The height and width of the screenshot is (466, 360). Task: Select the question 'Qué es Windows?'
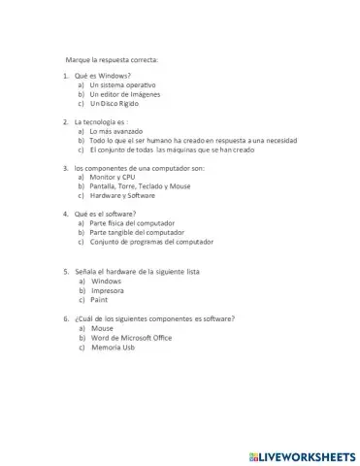pyautogui.click(x=102, y=76)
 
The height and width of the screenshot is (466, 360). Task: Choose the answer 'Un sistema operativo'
pyautogui.click(x=121, y=84)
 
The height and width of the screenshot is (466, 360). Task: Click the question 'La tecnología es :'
pyautogui.click(x=101, y=122)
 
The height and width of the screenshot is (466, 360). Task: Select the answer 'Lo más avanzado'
pyautogui.click(x=115, y=131)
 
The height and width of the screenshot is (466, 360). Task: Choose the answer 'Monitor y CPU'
pyautogui.click(x=112, y=178)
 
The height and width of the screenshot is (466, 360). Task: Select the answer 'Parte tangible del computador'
pyautogui.click(x=137, y=233)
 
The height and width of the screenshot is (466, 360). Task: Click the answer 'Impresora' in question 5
pyautogui.click(x=108, y=290)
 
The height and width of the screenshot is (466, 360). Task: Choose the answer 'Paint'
pyautogui.click(x=99, y=300)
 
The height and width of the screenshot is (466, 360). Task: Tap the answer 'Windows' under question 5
pyautogui.click(x=106, y=281)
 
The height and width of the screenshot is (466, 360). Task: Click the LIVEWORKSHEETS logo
pyautogui.click(x=302, y=455)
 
